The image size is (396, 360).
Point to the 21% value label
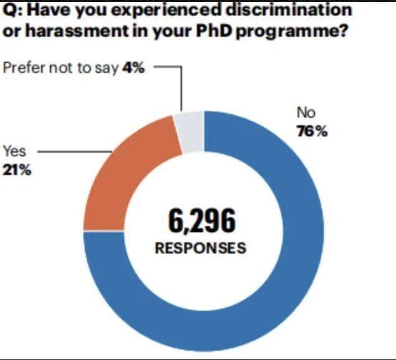[17, 168]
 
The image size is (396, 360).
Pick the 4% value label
[134, 68]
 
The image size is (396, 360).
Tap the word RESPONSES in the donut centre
[200, 247]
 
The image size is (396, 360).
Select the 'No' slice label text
[306, 113]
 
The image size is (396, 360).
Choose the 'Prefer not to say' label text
[60, 68]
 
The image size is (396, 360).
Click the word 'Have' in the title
[52, 10]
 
